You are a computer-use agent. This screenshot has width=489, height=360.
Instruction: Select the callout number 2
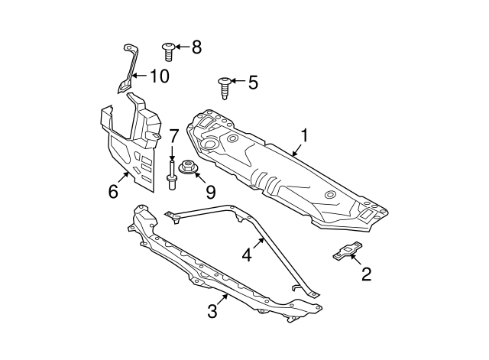coord(366,274)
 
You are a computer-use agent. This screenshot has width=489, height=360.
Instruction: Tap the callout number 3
coord(213,311)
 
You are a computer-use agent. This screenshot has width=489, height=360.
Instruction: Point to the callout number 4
coord(247,254)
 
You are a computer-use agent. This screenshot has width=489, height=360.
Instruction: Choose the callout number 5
coord(254,81)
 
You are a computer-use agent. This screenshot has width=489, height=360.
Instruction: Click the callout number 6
coord(113,191)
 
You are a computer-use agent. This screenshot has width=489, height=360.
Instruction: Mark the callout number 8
coord(196,47)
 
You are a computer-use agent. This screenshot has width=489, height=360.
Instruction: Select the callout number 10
coord(158,76)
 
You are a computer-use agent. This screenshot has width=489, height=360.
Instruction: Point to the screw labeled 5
coord(225,86)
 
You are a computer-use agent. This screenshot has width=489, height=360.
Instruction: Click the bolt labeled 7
coord(173,175)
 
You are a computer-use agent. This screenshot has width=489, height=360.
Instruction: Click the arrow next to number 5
coord(238,81)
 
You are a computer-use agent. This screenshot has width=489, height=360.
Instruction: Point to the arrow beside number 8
coord(183,47)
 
